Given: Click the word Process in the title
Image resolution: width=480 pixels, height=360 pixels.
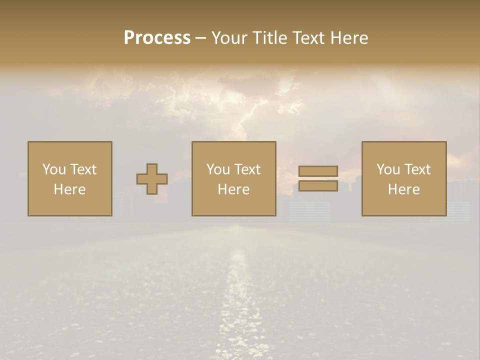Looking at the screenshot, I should pyautogui.click(x=157, y=38).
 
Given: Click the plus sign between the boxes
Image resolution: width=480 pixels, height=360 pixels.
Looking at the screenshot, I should pyautogui.click(x=152, y=179).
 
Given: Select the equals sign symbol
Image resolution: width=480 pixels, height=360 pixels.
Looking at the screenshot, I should pyautogui.click(x=318, y=178).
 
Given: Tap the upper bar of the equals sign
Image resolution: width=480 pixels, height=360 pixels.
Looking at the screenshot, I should pyautogui.click(x=318, y=171).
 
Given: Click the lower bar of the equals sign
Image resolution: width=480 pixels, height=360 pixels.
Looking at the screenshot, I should pyautogui.click(x=318, y=186).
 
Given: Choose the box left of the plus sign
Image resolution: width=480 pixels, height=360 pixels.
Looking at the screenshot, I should pyautogui.click(x=70, y=179).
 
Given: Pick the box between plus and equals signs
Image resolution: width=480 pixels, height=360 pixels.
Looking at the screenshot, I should pyautogui.click(x=233, y=179).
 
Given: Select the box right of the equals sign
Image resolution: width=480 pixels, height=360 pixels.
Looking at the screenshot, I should pyautogui.click(x=403, y=179).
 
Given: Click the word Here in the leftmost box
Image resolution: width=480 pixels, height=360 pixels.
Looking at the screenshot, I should pyautogui.click(x=70, y=189).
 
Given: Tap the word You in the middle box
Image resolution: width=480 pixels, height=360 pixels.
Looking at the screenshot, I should pyautogui.click(x=217, y=169).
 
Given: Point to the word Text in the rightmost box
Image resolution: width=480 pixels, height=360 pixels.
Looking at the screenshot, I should pyautogui.click(x=418, y=169).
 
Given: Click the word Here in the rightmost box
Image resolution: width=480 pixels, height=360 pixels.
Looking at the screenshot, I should pyautogui.click(x=403, y=189).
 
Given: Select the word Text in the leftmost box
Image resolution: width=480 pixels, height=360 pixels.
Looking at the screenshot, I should pyautogui.click(x=83, y=169).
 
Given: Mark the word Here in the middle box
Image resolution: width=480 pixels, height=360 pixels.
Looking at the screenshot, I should pyautogui.click(x=233, y=189).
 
